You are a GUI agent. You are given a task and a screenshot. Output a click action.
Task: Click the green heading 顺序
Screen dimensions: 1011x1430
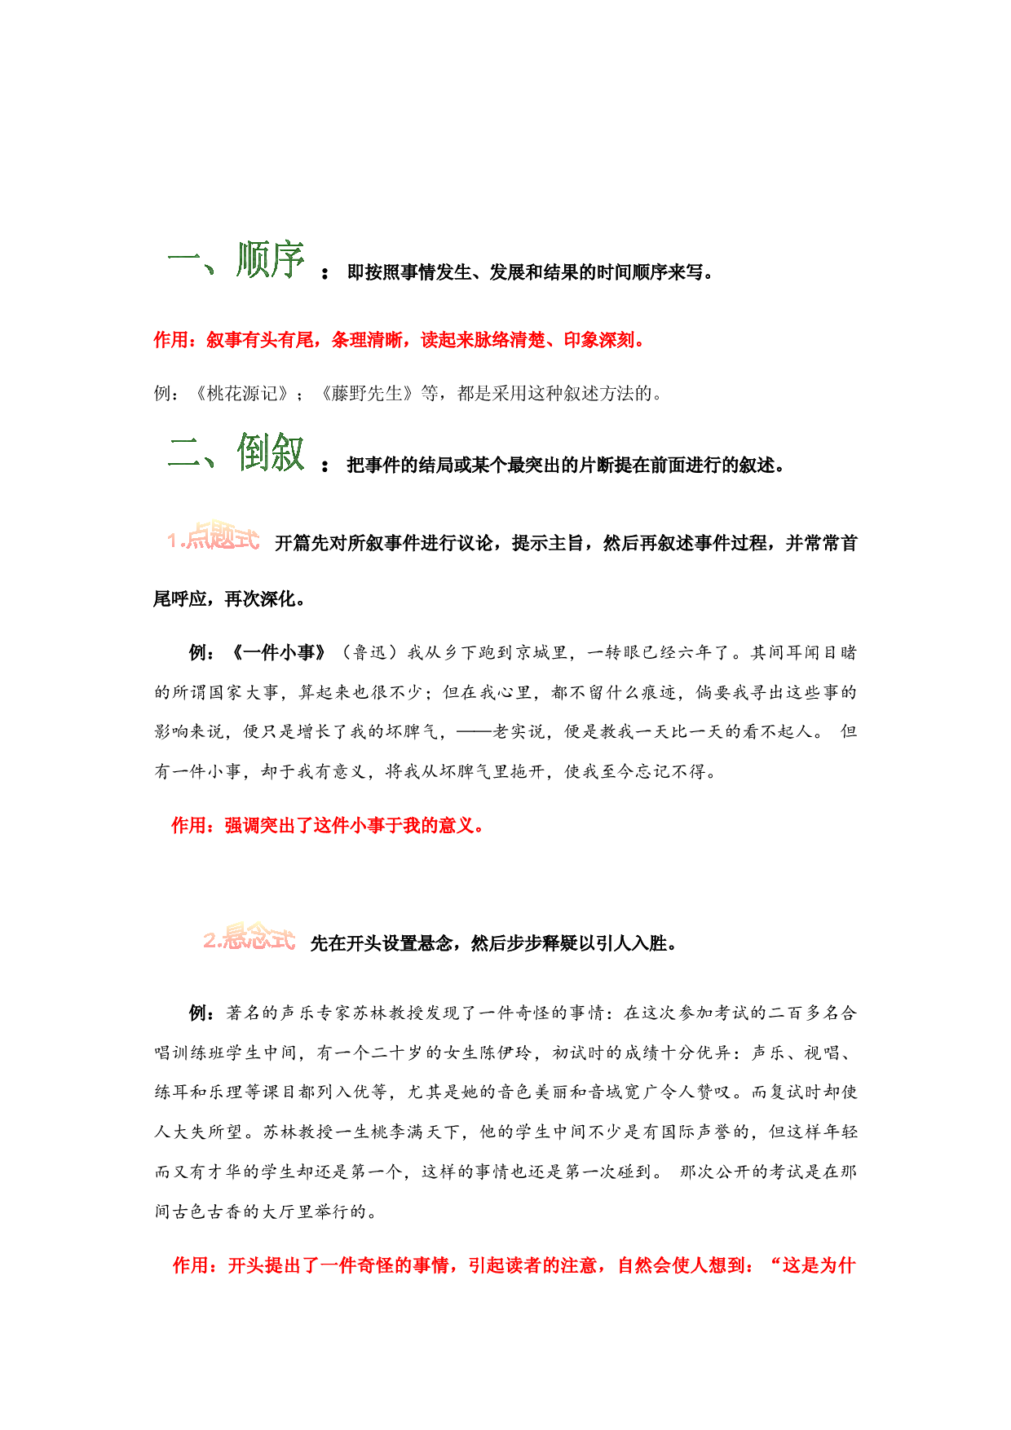(271, 260)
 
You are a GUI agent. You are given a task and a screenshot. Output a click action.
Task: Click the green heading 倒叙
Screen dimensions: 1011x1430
(271, 452)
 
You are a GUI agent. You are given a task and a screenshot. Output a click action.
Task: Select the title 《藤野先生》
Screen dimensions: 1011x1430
(367, 394)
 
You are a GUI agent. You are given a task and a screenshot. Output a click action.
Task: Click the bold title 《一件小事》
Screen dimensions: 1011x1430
(279, 652)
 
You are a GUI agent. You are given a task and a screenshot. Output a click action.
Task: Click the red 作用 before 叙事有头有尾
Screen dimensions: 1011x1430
(171, 340)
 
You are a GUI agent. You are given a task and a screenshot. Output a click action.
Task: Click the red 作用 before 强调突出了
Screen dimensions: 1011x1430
(189, 826)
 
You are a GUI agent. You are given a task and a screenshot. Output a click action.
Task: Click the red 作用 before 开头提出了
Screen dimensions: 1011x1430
(191, 1265)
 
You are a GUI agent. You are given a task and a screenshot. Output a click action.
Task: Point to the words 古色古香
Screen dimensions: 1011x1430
(208, 1212)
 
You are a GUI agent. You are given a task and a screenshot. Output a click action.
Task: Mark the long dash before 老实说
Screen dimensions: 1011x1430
(474, 731)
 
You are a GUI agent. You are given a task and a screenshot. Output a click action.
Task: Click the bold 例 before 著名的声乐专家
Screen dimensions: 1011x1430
(198, 1013)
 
